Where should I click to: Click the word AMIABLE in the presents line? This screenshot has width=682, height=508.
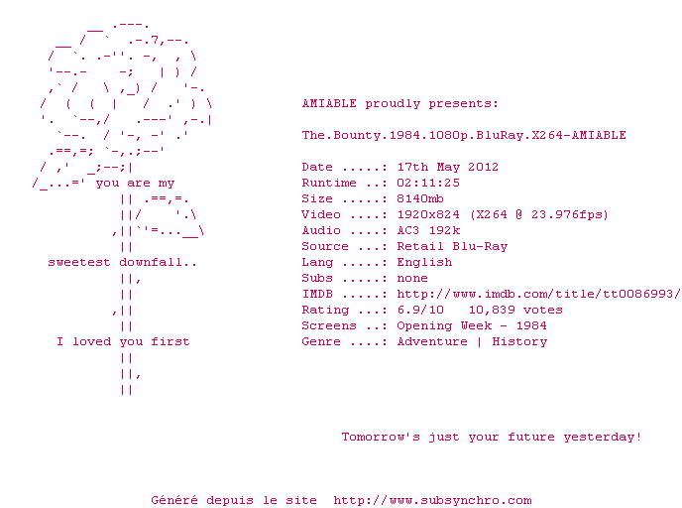pos(329,103)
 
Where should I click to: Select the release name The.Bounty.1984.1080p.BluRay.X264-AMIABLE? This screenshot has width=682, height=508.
pos(464,135)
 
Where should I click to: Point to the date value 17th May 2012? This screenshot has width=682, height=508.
pos(448,167)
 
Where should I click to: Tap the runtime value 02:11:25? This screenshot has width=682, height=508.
pos(428,183)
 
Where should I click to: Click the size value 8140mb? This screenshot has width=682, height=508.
pos(420,198)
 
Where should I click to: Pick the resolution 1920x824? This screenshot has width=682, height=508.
pos(428,214)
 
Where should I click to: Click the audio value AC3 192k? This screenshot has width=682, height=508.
pos(428,230)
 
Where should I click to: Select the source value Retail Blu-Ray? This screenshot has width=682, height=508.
pos(452,246)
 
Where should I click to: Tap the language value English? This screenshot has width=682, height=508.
pos(424,262)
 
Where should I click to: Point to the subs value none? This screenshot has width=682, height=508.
pos(412,278)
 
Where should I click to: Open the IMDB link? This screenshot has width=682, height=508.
pos(538,294)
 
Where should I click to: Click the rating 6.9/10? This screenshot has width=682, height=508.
pos(420,310)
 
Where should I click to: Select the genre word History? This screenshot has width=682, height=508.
pos(519,341)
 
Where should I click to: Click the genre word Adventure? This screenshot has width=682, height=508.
pos(432,341)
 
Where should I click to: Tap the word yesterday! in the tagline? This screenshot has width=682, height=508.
pos(603,437)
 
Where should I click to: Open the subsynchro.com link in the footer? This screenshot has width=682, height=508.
pos(432,500)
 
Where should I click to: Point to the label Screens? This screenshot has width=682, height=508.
pos(329,325)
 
